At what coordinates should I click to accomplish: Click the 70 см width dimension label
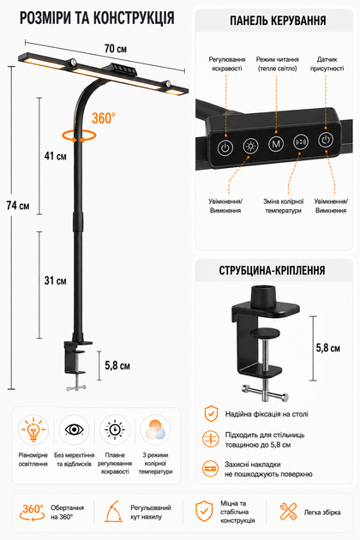click(x=116, y=49)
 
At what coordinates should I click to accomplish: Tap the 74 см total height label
click(x=18, y=206)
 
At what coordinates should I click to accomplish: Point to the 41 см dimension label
click(x=55, y=156)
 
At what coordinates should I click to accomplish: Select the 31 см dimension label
click(x=55, y=280)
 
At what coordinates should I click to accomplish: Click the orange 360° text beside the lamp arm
click(x=104, y=118)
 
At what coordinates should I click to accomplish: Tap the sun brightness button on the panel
click(x=250, y=146)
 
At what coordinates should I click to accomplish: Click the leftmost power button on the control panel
click(x=225, y=148)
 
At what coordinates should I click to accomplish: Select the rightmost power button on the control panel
click(x=326, y=141)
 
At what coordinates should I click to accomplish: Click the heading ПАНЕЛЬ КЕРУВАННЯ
click(x=278, y=21)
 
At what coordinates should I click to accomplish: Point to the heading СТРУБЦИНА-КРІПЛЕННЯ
click(x=273, y=270)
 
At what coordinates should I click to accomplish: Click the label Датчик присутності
click(x=327, y=63)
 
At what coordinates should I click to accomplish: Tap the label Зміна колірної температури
click(x=283, y=206)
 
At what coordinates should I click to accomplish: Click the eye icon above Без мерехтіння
click(x=74, y=429)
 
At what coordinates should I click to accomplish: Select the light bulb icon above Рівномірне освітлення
click(x=33, y=429)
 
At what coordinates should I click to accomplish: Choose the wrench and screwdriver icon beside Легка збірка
click(x=288, y=512)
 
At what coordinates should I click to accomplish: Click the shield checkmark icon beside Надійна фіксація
click(x=211, y=414)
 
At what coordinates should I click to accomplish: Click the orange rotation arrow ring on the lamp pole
click(x=79, y=135)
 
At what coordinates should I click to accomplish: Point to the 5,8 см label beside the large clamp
click(x=328, y=348)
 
